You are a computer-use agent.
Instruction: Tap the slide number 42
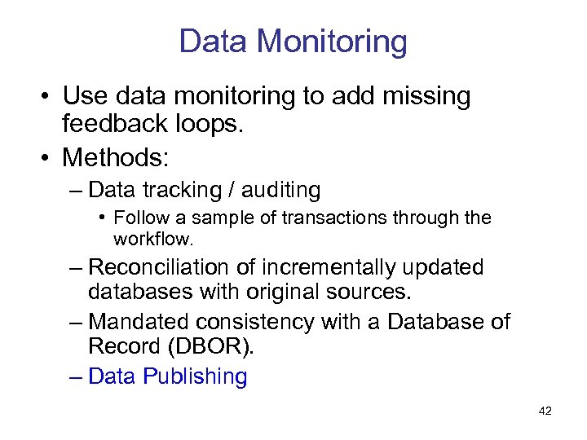(545, 411)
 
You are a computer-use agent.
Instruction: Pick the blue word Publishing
(195, 377)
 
